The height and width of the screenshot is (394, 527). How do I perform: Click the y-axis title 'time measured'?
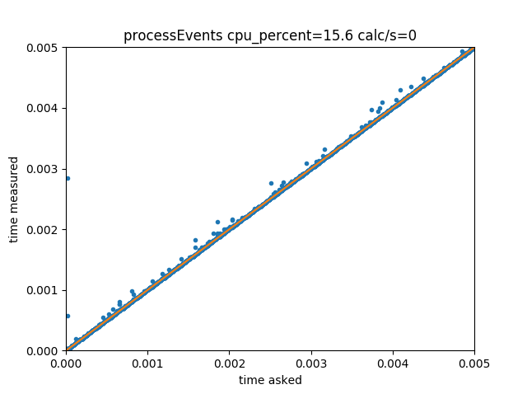click(14, 199)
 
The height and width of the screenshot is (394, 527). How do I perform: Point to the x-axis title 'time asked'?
click(270, 380)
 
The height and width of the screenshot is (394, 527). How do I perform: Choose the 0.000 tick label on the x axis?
click(66, 363)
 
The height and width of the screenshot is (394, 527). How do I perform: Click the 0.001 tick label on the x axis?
click(147, 363)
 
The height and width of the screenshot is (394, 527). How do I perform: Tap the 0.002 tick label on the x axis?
click(229, 363)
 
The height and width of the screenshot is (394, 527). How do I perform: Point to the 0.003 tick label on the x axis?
click(310, 363)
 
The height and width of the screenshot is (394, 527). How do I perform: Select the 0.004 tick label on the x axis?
click(393, 363)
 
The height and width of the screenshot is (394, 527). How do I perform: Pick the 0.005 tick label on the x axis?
click(474, 363)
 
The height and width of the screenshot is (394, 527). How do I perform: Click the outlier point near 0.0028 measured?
click(67, 178)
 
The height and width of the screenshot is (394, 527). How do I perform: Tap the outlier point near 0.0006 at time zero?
click(67, 316)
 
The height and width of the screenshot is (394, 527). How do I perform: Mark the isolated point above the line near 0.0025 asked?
click(271, 183)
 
